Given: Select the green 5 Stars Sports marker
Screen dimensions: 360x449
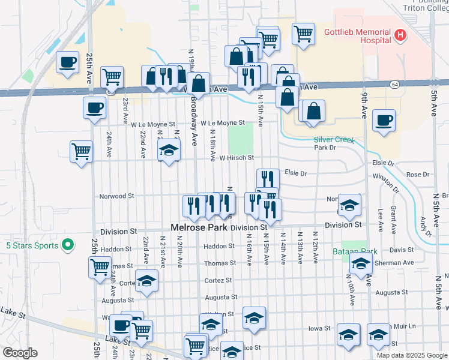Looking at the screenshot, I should (68, 245).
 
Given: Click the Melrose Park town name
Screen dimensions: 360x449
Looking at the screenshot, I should (199, 227).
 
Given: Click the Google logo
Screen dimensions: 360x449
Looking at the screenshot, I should (20, 353).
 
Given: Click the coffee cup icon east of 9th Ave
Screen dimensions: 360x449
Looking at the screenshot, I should (383, 119).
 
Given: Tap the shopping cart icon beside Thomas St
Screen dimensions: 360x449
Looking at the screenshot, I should (100, 266).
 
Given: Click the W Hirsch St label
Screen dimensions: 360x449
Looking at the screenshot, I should (237, 158).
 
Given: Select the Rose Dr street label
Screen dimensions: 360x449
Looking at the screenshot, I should (418, 175).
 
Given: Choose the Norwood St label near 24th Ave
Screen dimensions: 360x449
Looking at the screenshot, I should (116, 196).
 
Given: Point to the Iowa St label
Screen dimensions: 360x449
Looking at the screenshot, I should (319, 328).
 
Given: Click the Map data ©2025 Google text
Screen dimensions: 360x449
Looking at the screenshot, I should (411, 355).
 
